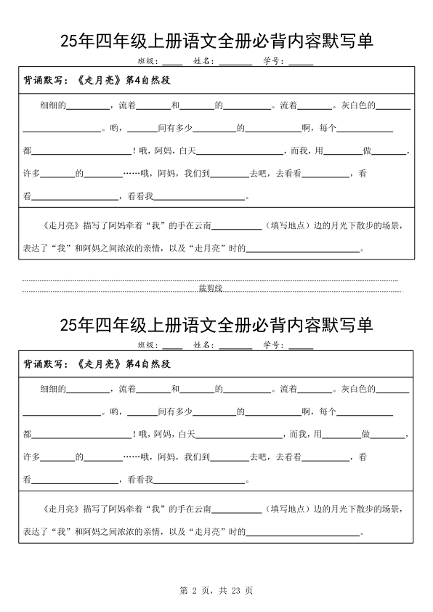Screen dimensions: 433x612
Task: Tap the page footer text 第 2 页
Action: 193,591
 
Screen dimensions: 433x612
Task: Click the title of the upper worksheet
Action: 216,42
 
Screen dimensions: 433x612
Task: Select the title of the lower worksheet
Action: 216,325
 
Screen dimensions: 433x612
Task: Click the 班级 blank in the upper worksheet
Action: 172,62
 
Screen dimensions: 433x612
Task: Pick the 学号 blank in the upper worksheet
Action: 301,62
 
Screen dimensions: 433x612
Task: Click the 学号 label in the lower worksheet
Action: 272,345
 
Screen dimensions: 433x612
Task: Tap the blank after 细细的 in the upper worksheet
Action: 88,106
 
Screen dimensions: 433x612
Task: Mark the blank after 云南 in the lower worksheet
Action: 236,510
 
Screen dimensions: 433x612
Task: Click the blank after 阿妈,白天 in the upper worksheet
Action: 240,152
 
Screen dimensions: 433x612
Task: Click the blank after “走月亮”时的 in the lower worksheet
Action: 304,533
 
